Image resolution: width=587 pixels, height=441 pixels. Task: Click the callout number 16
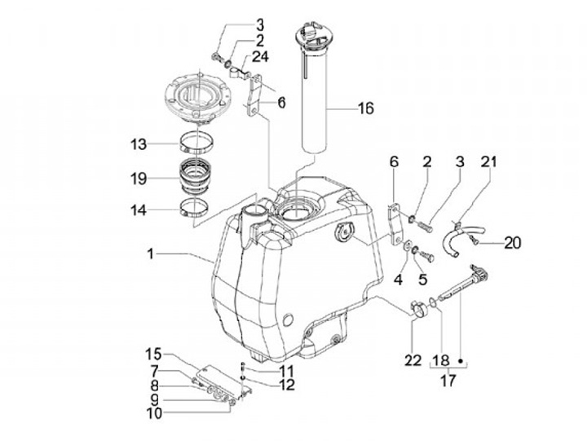tap(366, 108)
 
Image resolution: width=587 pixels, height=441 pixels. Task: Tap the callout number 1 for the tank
tap(150, 254)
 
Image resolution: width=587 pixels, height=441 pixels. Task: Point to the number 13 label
tap(139, 144)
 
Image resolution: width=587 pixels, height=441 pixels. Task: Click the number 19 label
tap(139, 179)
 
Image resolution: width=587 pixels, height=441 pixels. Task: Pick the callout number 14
tap(139, 210)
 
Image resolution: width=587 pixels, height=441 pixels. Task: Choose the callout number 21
tap(489, 161)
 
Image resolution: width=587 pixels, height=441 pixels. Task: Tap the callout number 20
tap(513, 243)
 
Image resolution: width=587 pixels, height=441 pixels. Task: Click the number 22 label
tap(413, 360)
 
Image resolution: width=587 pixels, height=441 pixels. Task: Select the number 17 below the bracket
tap(448, 381)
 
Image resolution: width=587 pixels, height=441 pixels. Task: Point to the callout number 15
tap(153, 354)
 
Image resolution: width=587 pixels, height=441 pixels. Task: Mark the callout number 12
tap(287, 385)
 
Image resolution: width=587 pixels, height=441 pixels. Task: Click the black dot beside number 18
tap(461, 361)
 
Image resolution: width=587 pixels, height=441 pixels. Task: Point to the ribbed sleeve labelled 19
tap(195, 174)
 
